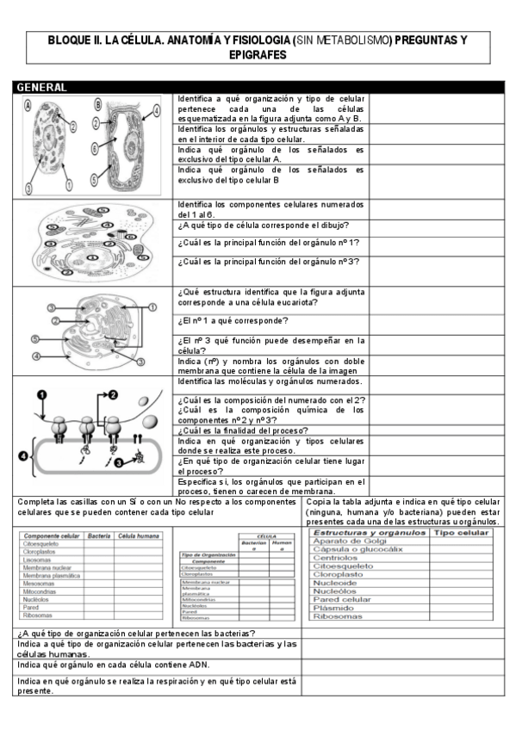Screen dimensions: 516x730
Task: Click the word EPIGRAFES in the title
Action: pyautogui.click(x=258, y=53)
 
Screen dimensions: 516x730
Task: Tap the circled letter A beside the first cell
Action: pyautogui.click(x=29, y=105)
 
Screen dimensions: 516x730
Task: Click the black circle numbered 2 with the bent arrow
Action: pyautogui.click(x=112, y=394)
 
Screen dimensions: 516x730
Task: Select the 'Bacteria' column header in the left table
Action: pyautogui.click(x=99, y=535)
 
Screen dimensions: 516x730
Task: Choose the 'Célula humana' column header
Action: pyautogui.click(x=138, y=535)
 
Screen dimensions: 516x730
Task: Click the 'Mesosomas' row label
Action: pyautogui.click(x=40, y=584)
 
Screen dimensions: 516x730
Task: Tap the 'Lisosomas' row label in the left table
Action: pyautogui.click(x=40, y=560)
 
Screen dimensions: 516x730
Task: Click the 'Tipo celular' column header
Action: pyautogui.click(x=461, y=533)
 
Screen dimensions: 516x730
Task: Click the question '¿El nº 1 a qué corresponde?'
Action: pyautogui.click(x=233, y=320)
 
